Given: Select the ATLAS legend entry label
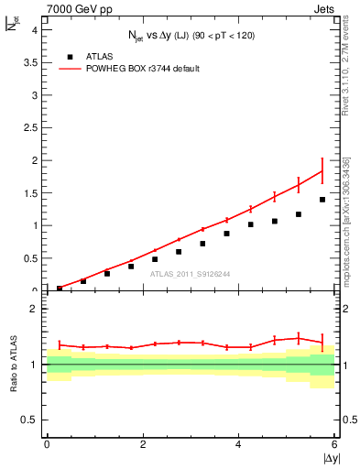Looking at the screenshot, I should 100,55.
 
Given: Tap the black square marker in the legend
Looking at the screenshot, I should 70,55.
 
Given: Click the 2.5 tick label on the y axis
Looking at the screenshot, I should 30,127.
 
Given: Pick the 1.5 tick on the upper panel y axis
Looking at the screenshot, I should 30,192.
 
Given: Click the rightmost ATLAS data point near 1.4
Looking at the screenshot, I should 322,200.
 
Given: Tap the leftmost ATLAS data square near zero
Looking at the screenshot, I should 60,289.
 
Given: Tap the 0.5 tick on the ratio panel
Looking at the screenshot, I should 30,420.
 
